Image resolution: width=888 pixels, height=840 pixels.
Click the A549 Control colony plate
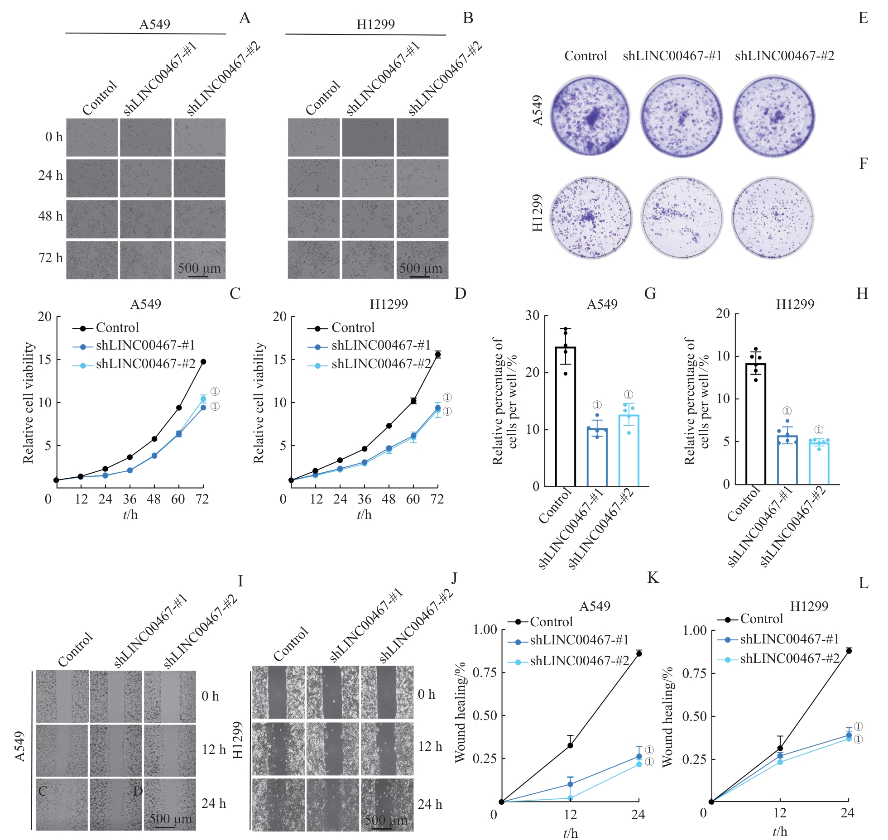pos(590,116)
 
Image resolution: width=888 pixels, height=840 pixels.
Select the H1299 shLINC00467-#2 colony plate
pos(773,217)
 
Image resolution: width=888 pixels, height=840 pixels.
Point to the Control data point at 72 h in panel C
pos(203,362)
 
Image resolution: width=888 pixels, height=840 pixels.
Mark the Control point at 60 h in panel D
pos(413,401)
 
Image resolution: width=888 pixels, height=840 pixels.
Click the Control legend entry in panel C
pos(117,328)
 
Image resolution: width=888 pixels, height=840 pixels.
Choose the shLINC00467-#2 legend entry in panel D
pos(380,364)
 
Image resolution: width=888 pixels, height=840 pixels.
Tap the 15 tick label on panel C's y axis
pos(44,360)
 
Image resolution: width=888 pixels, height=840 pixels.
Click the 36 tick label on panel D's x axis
pos(364,499)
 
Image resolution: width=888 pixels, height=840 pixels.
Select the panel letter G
pos(650,294)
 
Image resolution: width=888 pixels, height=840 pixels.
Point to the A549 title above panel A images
pos(154,24)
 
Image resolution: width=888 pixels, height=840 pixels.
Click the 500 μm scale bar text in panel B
pos(420,268)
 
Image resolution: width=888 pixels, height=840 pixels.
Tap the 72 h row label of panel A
pos(50,258)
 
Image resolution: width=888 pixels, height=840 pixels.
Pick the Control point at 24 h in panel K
pos(639,653)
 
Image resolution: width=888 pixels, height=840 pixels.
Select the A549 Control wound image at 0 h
pos(62,696)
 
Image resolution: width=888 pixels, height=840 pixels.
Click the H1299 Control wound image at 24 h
pos(278,804)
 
